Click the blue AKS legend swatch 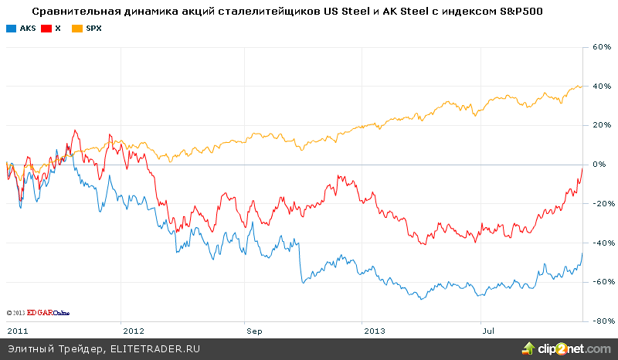coord(10,28)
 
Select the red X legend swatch coord(47,28)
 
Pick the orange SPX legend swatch coord(77,28)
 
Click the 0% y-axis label coord(603,165)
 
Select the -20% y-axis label coord(601,204)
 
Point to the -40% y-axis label coord(601,243)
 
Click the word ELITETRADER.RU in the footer coord(154,349)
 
